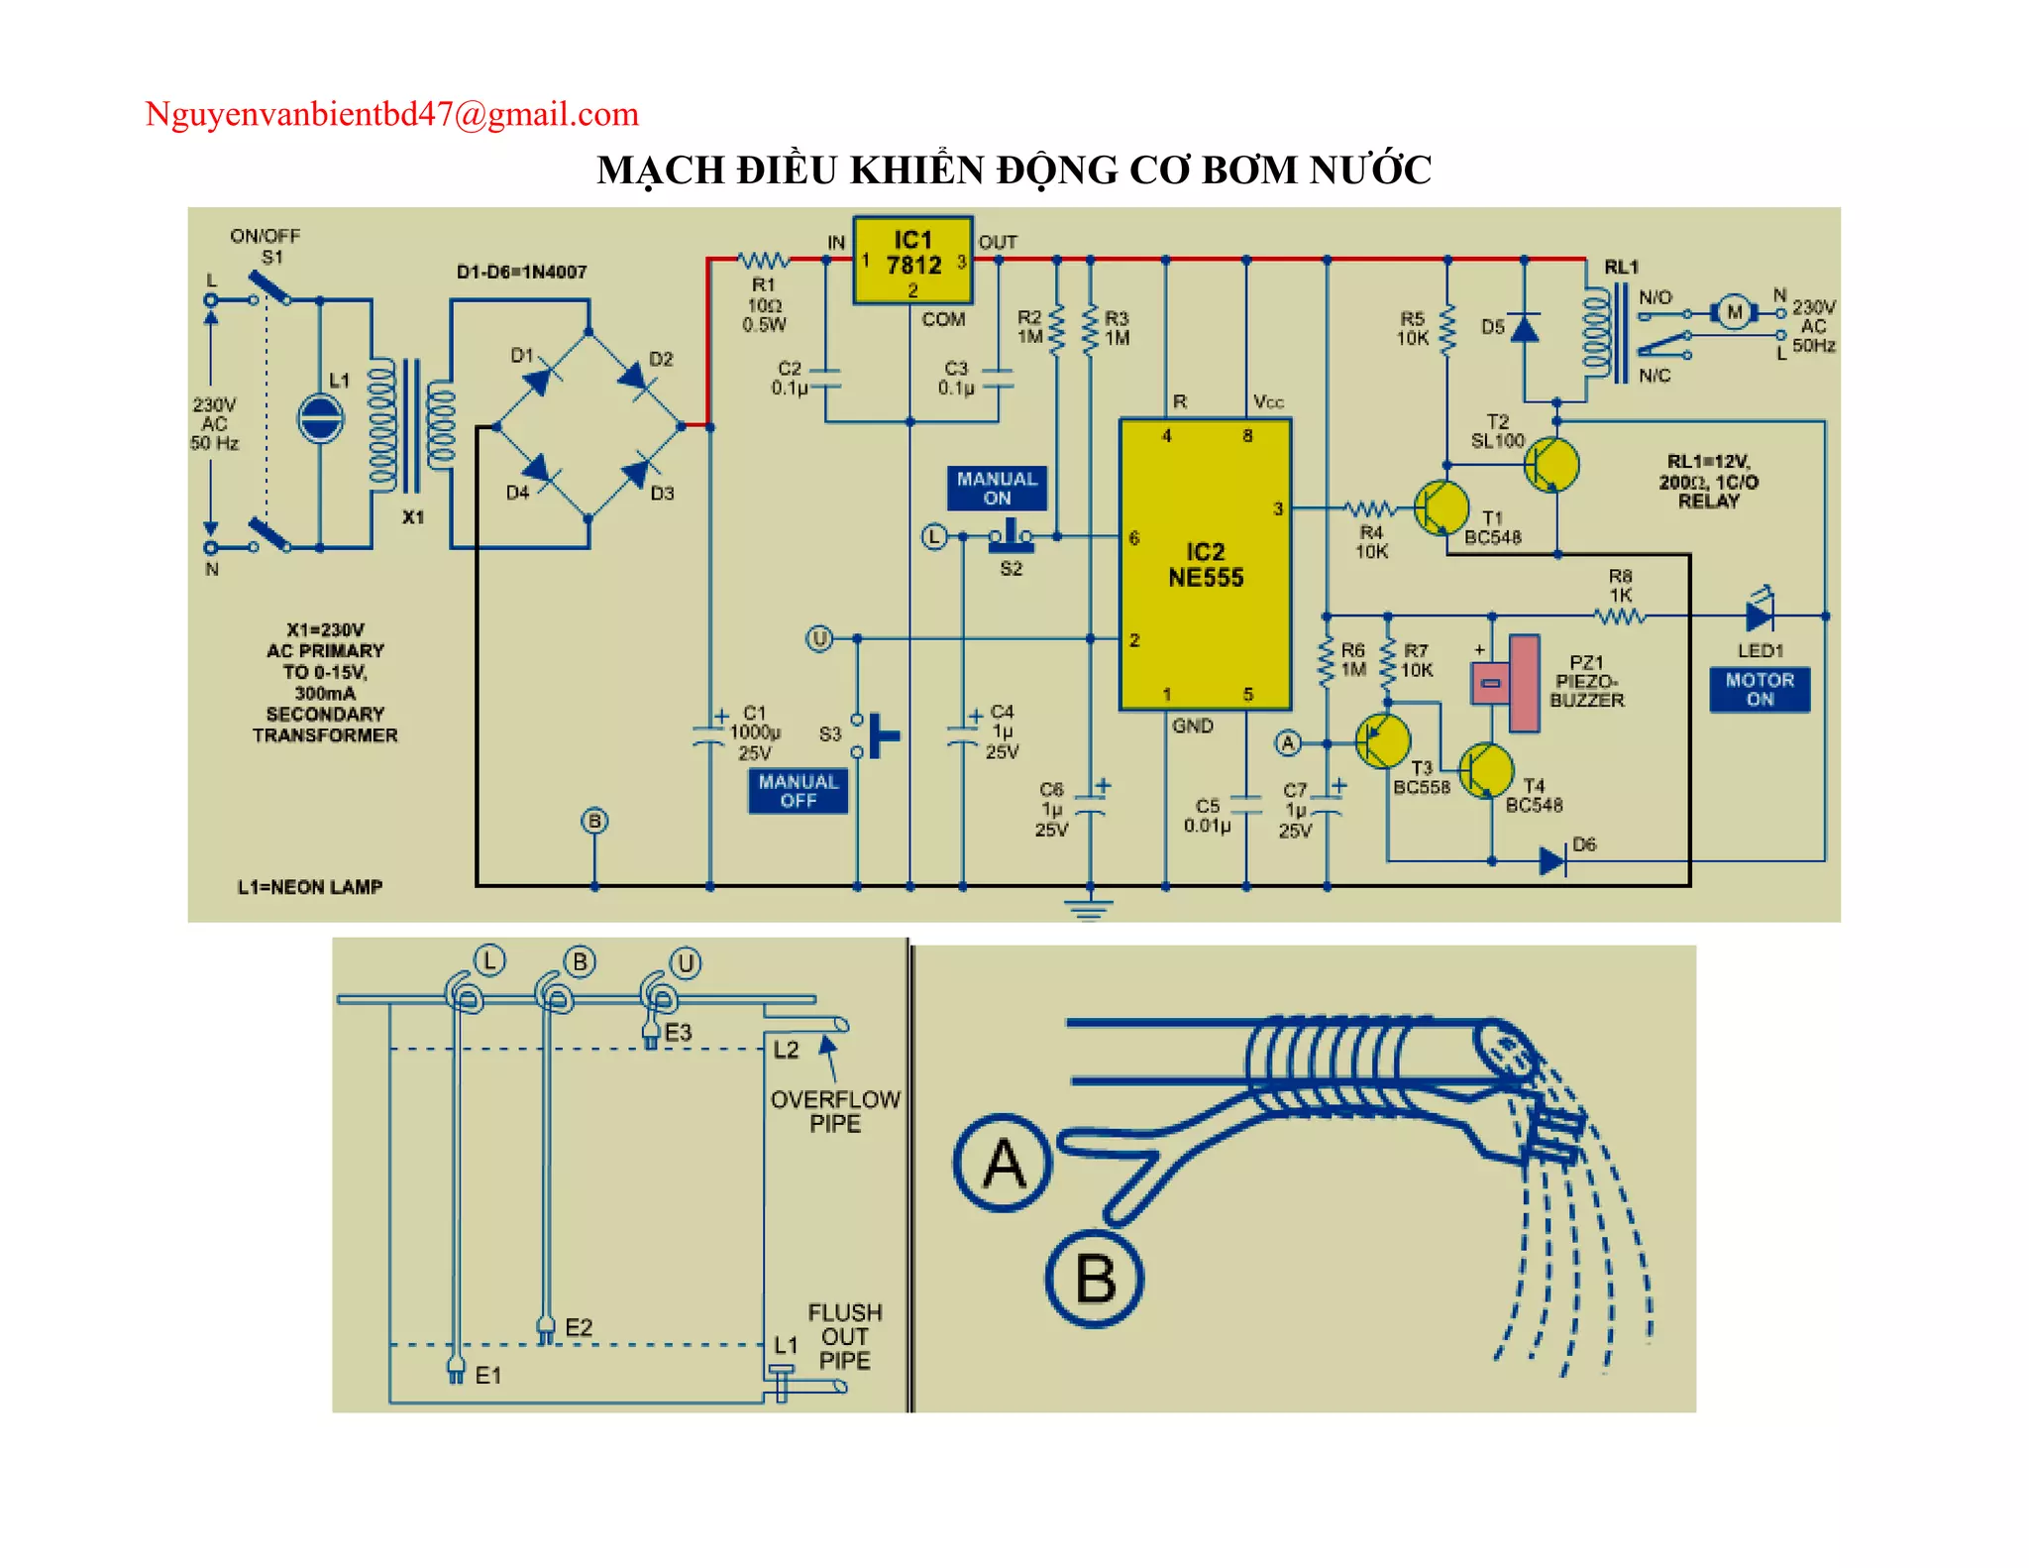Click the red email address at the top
point(391,114)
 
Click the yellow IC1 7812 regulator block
point(912,260)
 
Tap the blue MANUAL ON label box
point(997,488)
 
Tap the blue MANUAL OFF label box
point(798,791)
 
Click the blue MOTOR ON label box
point(1760,689)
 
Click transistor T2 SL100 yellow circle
point(1550,464)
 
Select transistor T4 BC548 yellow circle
point(1486,769)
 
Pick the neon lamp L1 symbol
point(320,418)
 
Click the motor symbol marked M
point(1734,313)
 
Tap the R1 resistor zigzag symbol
point(764,261)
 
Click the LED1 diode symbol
point(1759,615)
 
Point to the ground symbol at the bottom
point(1089,907)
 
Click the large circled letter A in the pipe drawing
point(1003,1163)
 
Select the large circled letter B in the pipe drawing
point(1095,1279)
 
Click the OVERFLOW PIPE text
point(835,1111)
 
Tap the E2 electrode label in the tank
point(578,1327)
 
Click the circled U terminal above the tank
point(686,962)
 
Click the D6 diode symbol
point(1552,860)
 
